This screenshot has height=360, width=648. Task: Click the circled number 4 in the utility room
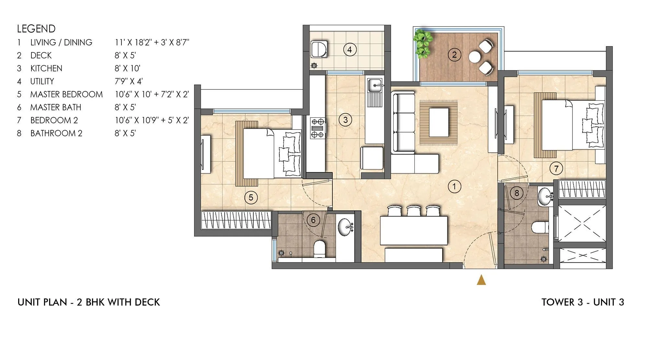tap(350, 50)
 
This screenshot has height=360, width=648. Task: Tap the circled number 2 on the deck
tap(454, 55)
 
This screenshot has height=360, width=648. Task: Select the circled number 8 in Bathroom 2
tap(516, 193)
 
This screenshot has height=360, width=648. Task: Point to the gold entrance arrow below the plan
tap(481, 280)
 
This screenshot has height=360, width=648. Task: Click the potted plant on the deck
tap(422, 43)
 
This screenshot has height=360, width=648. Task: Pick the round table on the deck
tap(475, 57)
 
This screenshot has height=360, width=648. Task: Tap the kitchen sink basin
tap(375, 85)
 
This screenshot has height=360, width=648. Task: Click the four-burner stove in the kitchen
tap(318, 128)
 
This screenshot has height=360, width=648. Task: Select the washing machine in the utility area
tap(319, 50)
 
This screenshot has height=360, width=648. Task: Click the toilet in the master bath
tap(319, 249)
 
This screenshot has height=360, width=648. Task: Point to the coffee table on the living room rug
tap(439, 122)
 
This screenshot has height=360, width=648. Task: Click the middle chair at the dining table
tap(413, 211)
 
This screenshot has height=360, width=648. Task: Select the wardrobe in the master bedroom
tap(236, 220)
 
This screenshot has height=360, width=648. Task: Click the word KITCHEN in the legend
tap(46, 68)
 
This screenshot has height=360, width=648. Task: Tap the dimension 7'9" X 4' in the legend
tap(129, 81)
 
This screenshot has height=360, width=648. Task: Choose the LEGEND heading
tap(36, 29)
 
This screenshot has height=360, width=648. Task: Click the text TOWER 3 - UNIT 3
tap(583, 302)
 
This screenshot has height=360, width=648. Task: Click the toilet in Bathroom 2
tap(540, 227)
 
